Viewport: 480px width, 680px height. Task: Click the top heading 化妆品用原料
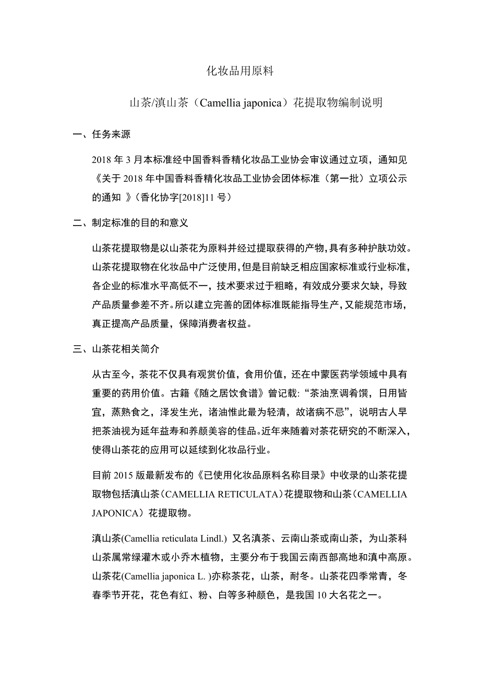240,72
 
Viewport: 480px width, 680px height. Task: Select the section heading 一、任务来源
102,135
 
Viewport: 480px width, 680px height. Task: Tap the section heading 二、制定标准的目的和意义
130,223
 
